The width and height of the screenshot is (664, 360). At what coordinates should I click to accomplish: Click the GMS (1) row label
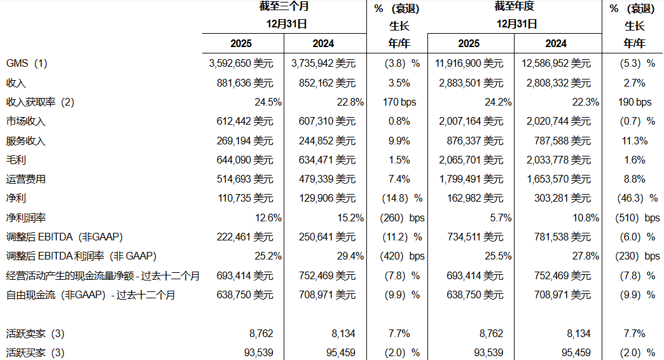pos(27,64)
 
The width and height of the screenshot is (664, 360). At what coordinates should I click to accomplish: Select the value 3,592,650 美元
pos(241,64)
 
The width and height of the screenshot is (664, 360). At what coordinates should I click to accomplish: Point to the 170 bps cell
pos(399,102)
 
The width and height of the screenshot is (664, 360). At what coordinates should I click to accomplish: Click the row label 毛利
pos(16,160)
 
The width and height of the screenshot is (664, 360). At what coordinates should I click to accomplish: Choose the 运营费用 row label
pos(26,179)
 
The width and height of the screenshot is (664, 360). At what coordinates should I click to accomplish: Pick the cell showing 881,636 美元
pos(245,83)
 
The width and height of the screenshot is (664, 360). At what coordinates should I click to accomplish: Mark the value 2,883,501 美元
pos(471,83)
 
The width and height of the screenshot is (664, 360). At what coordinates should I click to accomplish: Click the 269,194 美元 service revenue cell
pos(245,141)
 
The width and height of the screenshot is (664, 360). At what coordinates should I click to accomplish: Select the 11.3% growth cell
pos(634,141)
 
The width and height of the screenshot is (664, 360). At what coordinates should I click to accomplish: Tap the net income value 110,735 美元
pos(246,198)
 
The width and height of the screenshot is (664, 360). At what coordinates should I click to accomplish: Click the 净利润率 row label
pos(26,218)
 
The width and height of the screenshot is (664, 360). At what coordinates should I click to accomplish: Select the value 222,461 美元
pos(245,237)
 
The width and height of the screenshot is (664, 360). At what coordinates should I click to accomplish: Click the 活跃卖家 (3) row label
pos(35,334)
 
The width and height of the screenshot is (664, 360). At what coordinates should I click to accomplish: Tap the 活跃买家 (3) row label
pos(35,353)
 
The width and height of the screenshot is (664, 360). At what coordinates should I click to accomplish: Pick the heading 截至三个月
pos(284,6)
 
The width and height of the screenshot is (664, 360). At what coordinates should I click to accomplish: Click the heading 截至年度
pos(515,6)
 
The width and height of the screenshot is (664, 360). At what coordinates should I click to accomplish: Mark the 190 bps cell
pos(634,102)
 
